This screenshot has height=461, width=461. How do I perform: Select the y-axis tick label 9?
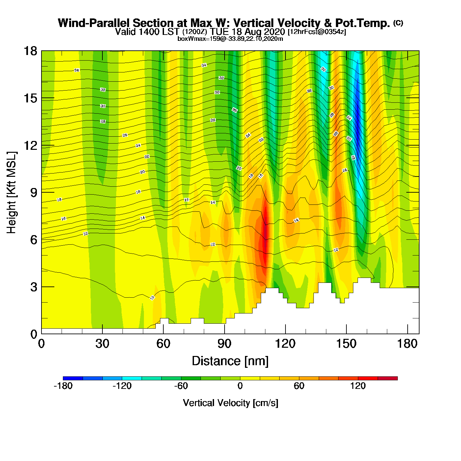34,192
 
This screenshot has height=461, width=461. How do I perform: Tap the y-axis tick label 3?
34,287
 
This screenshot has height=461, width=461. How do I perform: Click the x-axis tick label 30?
102,344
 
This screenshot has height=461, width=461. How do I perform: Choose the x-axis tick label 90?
224,344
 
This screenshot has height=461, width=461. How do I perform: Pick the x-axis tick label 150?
346,344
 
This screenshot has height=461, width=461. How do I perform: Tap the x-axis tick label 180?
407,344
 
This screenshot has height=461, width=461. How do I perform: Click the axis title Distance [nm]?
230,361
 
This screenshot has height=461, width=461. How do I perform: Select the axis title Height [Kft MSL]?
12,193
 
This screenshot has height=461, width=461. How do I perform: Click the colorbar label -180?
63,386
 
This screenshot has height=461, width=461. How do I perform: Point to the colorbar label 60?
299,386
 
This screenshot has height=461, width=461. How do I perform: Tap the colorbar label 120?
358,386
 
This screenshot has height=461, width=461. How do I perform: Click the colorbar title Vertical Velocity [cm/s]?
230,403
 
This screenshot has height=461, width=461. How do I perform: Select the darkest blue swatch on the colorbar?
73,378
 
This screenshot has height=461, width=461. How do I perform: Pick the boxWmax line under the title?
230,39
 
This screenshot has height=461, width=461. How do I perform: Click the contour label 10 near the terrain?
152,298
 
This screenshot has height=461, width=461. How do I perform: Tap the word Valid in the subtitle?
125,32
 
